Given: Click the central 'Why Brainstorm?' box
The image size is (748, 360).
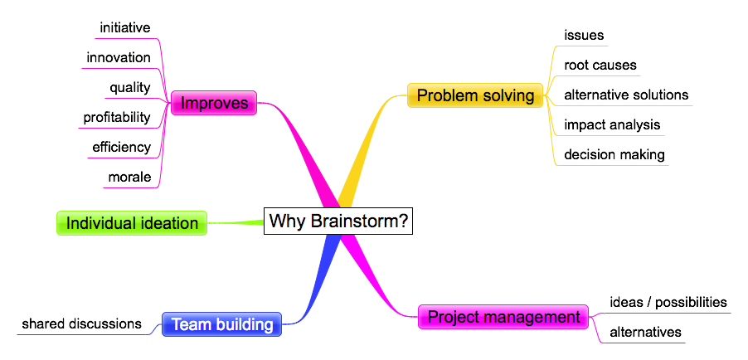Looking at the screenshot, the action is pos(338,221).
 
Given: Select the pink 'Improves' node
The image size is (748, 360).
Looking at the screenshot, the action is pos(214,103).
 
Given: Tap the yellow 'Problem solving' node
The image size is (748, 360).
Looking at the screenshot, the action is pos(475,95).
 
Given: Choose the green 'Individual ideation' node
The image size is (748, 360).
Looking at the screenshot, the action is pos(132,223).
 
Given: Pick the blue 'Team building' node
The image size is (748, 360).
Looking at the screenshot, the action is pos(221,324).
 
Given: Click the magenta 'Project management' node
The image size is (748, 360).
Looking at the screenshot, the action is pos(503,317).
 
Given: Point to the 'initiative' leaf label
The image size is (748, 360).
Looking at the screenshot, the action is pos(125,27).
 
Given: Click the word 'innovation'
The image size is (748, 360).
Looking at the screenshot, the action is pos(119,58).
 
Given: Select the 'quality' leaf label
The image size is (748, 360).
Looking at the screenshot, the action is pos(129,88).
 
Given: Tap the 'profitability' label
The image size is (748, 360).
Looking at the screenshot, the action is pos(117,118).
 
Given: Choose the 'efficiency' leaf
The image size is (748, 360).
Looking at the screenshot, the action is pos(122,147).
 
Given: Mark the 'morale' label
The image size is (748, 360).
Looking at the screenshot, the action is pos(129,178).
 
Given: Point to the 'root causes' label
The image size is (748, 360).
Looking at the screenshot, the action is pos(600,65).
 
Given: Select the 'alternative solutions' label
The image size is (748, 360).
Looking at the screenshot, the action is pos(626,95).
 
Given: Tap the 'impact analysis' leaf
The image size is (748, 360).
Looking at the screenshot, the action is pos(612,124).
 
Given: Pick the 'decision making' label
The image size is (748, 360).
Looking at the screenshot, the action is pos(614,154).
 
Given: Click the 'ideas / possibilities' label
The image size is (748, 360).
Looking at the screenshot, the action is pos(668,302).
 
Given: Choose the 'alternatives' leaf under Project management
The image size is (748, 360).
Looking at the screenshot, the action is pos(645,332).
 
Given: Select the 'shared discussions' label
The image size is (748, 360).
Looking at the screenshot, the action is pos(82,324).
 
